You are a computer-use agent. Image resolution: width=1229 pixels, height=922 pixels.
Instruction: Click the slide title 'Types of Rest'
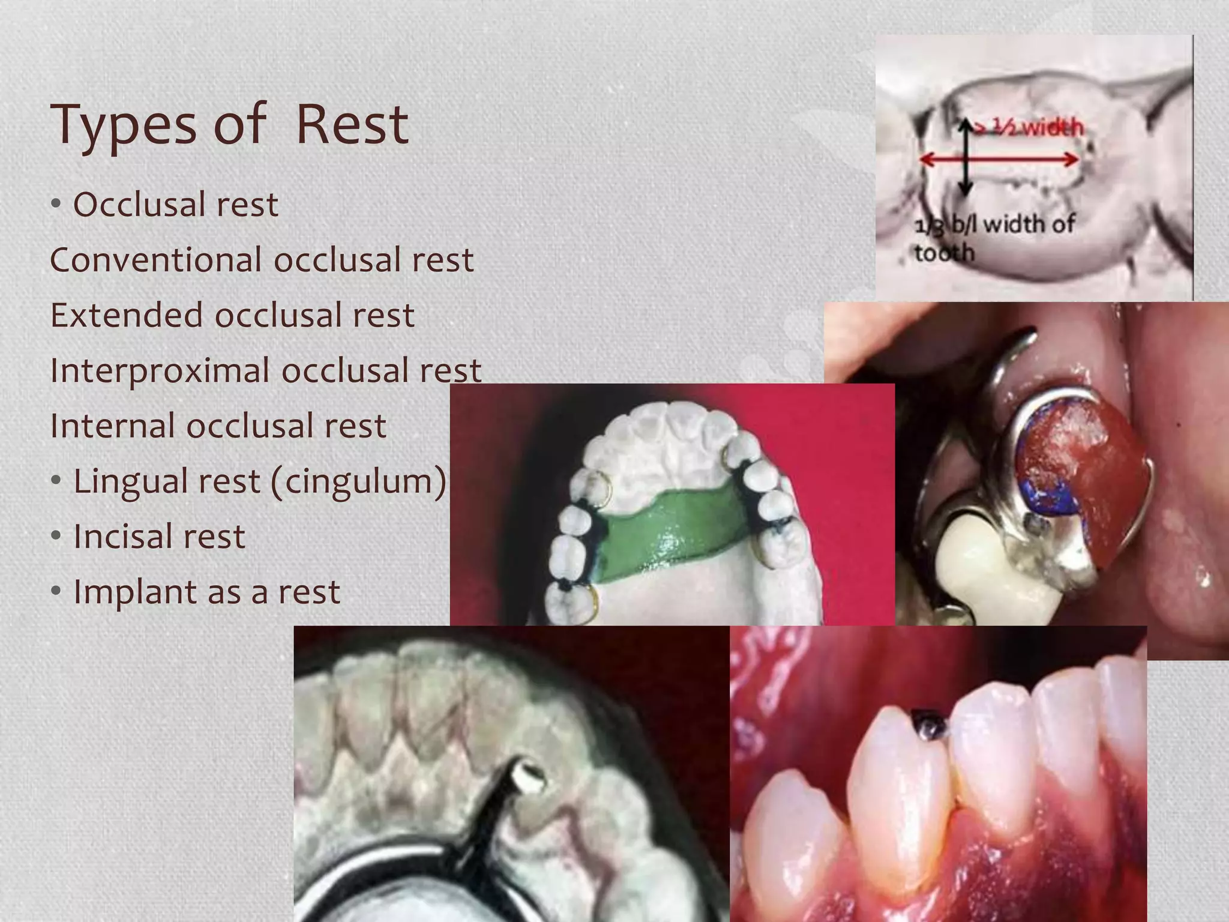[230, 124]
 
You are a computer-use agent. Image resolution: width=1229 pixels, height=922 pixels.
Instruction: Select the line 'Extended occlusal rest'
[232, 315]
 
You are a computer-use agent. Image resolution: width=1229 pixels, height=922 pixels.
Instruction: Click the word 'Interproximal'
[160, 370]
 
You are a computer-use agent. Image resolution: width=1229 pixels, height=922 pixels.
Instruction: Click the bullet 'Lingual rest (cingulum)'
[259, 481]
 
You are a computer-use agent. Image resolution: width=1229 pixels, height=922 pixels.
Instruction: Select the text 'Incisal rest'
[159, 536]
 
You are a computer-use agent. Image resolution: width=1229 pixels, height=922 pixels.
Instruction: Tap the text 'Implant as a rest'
[206, 592]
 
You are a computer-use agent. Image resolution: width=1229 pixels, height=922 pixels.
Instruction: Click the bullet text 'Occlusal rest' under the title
[175, 205]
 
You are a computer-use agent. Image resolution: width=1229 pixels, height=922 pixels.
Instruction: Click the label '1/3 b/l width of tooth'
[993, 238]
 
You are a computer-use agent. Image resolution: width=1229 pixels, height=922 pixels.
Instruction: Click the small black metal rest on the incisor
[929, 725]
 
